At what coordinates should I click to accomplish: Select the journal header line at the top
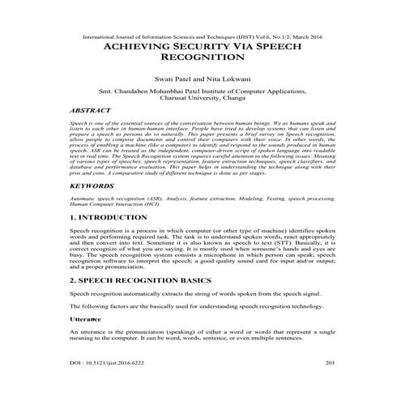(x=199, y=37)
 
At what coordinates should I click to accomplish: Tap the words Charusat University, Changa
(x=199, y=103)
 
